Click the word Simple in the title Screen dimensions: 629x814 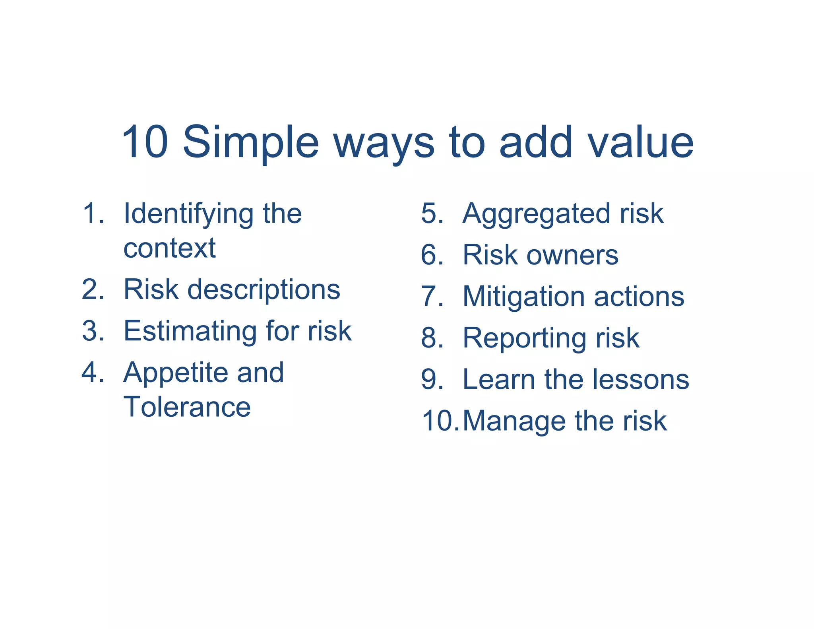[x=250, y=142]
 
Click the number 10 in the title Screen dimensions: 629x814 [x=145, y=142]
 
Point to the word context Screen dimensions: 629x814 [x=169, y=248]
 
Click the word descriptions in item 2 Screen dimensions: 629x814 [x=264, y=290]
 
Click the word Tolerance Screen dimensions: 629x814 [x=187, y=407]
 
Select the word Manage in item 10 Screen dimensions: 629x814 [x=514, y=421]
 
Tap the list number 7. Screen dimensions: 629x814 [x=432, y=297]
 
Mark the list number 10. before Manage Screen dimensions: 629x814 [x=440, y=421]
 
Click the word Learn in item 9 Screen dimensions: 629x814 [x=498, y=380]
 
